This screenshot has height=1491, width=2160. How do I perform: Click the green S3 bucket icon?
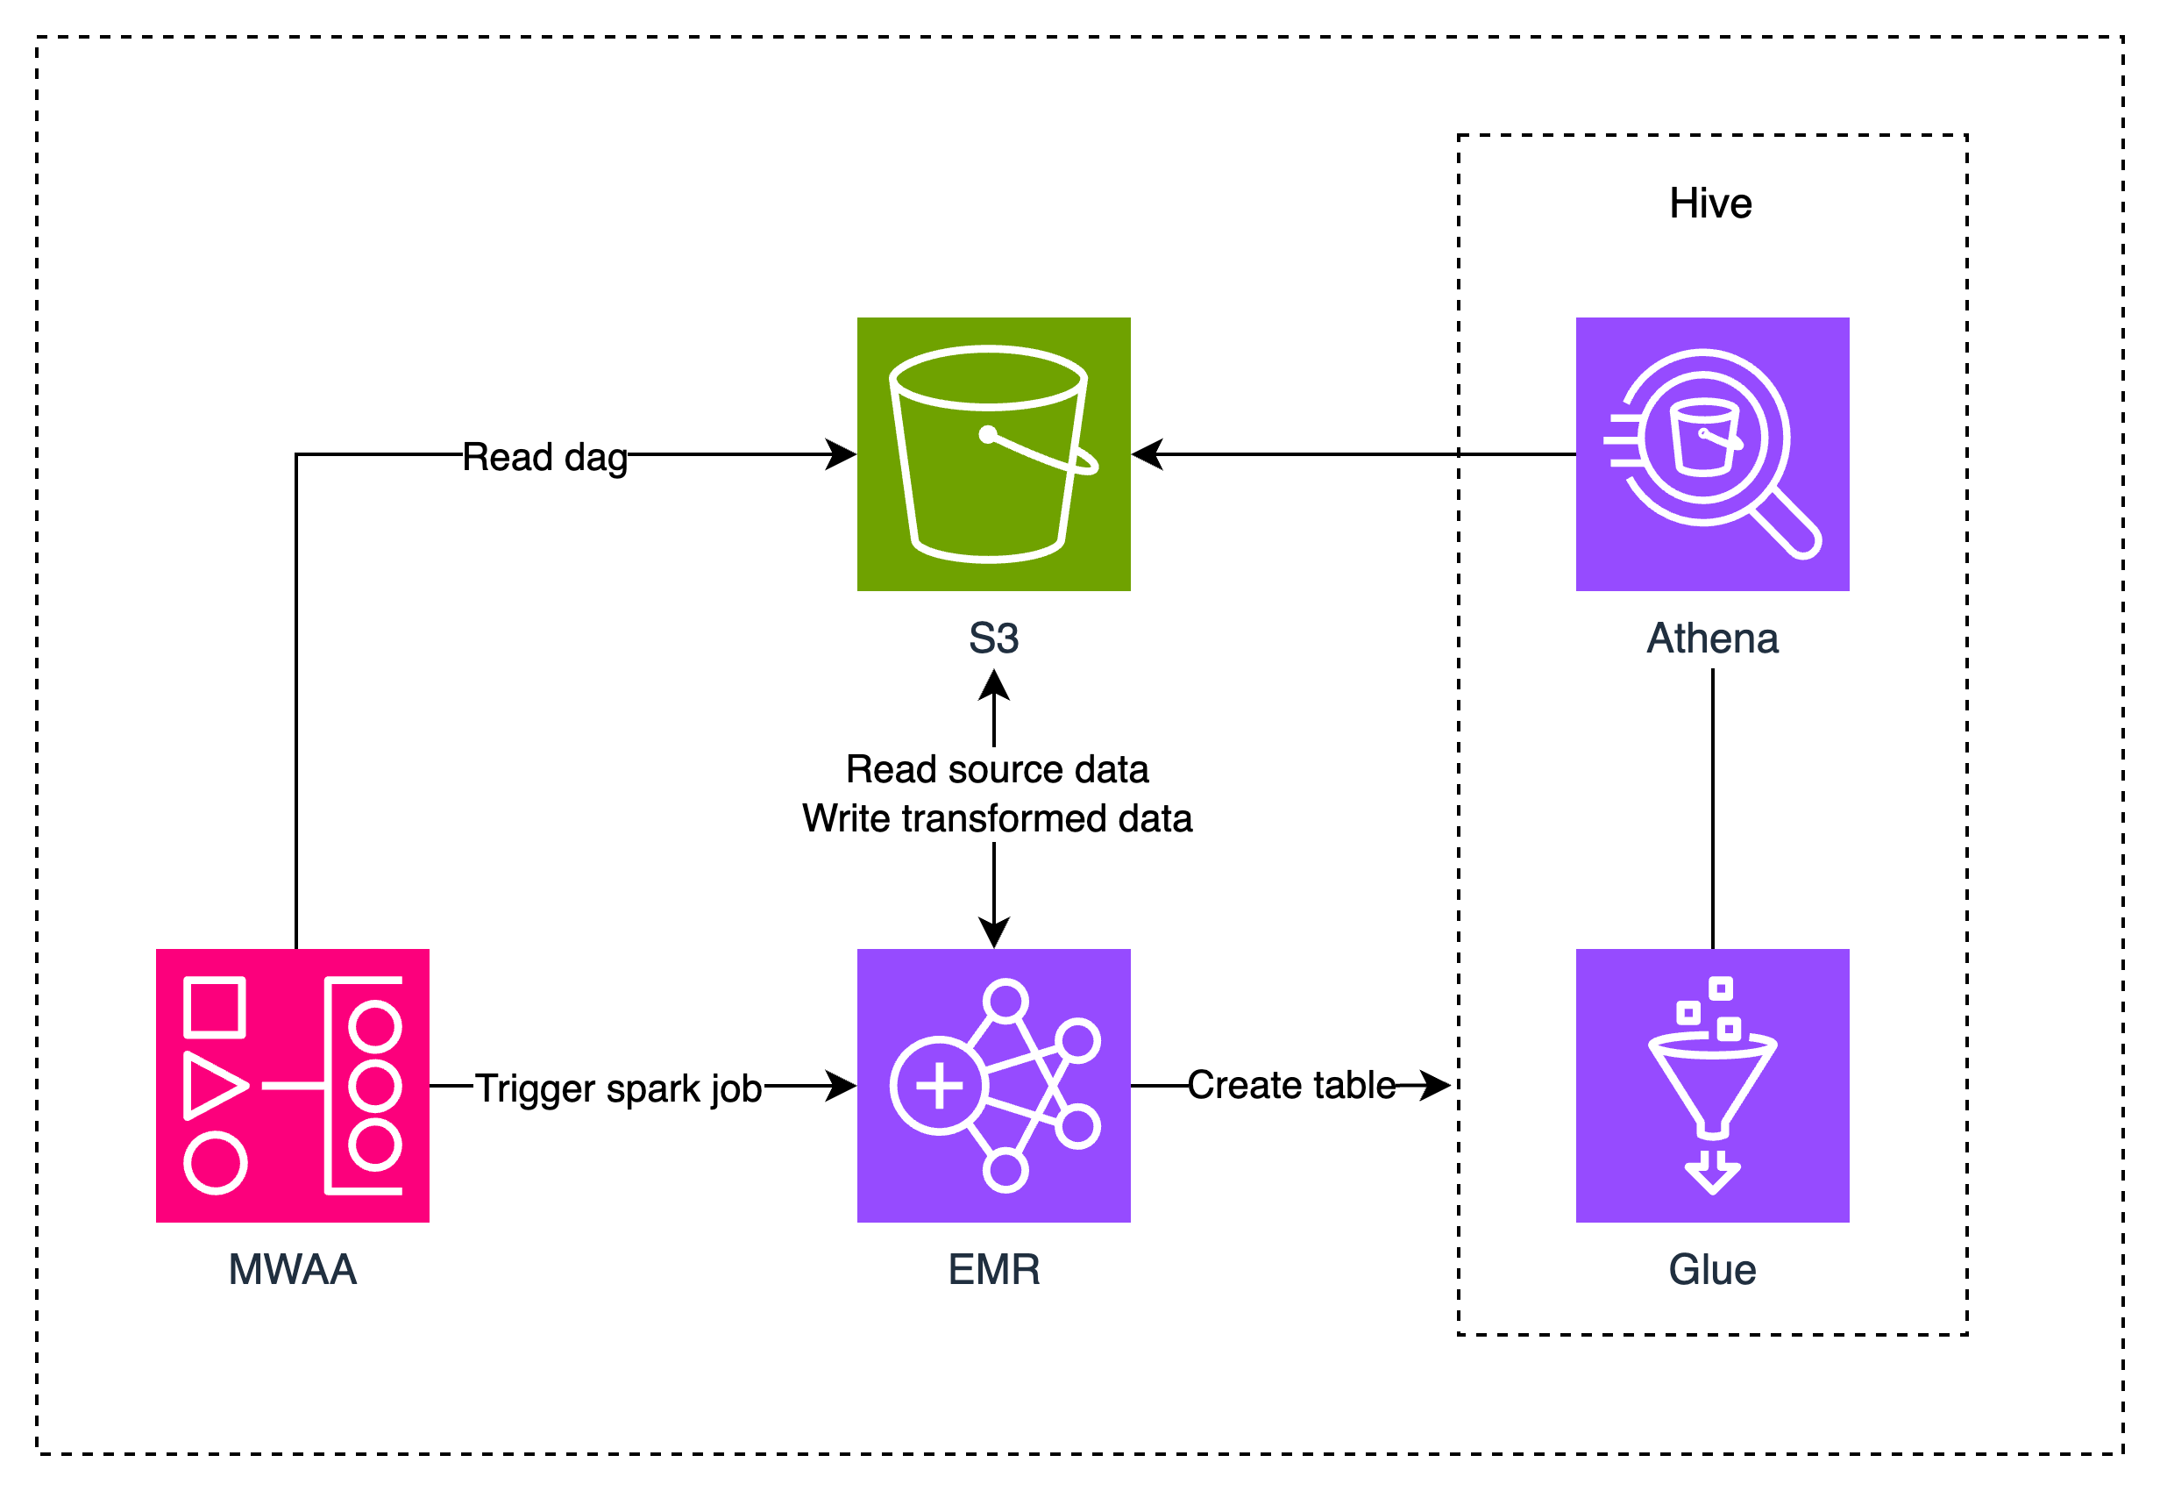click(x=993, y=454)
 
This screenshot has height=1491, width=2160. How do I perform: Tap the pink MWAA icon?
click(x=292, y=1086)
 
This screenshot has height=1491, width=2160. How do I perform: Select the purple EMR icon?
click(x=993, y=1086)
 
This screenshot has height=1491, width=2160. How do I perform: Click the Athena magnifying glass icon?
click(x=1712, y=454)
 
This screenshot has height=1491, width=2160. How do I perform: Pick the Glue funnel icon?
click(x=1712, y=1086)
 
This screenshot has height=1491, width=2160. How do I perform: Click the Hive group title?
click(x=1710, y=203)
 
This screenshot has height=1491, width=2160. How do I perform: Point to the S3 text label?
click(x=993, y=638)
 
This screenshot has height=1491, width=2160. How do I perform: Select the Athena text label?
click(x=1712, y=638)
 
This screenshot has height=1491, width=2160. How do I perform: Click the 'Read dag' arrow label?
click(x=544, y=457)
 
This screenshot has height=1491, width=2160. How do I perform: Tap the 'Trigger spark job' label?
click(x=618, y=1088)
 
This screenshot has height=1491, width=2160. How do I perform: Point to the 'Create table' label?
click(x=1291, y=1085)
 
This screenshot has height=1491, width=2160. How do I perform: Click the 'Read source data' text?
click(x=997, y=769)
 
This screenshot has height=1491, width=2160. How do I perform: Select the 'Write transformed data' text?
click(x=997, y=818)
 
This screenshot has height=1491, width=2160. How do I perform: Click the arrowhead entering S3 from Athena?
click(x=1147, y=454)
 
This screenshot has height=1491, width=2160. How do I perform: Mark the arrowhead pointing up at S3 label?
click(x=993, y=684)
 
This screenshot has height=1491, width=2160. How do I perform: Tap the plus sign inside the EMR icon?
click(x=939, y=1086)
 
